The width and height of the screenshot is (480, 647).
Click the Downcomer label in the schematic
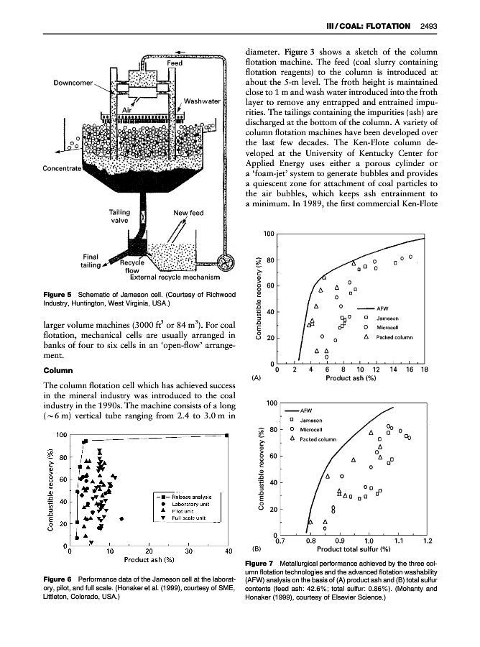click(x=70, y=82)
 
